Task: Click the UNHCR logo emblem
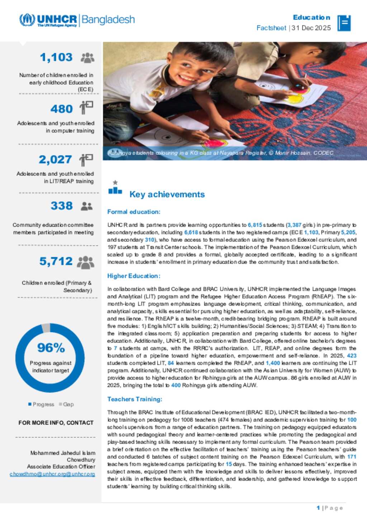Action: coord(27,20)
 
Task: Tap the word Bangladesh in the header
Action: coord(108,19)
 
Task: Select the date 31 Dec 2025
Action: coord(311,28)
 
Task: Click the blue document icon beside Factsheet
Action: coord(344,23)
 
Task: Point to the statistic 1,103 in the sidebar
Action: coord(56,57)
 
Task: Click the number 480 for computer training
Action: coord(61,109)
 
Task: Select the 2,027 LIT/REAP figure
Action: coord(55,159)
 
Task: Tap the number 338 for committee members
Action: coord(61,206)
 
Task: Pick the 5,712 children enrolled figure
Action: coord(56,261)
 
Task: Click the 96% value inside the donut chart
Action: coord(51,347)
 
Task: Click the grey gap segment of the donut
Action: coord(46,327)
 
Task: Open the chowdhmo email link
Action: coord(52,474)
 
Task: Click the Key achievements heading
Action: coord(167,194)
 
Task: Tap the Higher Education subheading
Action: coord(134,276)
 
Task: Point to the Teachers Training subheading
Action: coord(135,399)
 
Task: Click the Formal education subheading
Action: coord(134,212)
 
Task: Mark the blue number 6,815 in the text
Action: coord(255,225)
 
